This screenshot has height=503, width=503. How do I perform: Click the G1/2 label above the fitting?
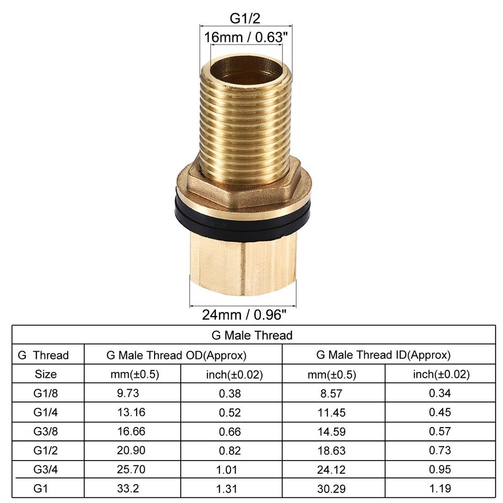click(245, 18)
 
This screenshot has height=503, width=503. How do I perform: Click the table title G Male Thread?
click(252, 335)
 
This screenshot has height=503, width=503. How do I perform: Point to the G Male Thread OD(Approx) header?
click(176, 355)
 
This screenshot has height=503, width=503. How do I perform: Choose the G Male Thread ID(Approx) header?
click(384, 355)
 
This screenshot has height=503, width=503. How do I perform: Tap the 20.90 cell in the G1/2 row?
click(132, 450)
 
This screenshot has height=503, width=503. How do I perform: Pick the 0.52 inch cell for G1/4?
click(231, 412)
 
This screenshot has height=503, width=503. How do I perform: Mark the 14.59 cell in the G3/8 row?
click(331, 431)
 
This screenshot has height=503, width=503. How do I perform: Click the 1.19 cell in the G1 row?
click(440, 488)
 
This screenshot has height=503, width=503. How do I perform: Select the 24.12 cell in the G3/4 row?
click(331, 469)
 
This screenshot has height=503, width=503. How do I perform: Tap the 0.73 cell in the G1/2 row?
click(440, 450)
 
